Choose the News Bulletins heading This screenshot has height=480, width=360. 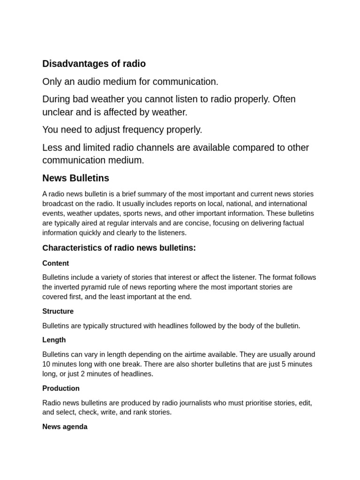[x=75, y=178]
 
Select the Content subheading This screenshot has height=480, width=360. [x=55, y=263]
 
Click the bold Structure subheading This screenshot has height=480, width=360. [x=58, y=311]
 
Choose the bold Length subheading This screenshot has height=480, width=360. [x=54, y=340]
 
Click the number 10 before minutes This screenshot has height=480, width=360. [x=46, y=364]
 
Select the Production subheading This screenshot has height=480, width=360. [x=61, y=388]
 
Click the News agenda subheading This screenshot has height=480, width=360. [x=65, y=427]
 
